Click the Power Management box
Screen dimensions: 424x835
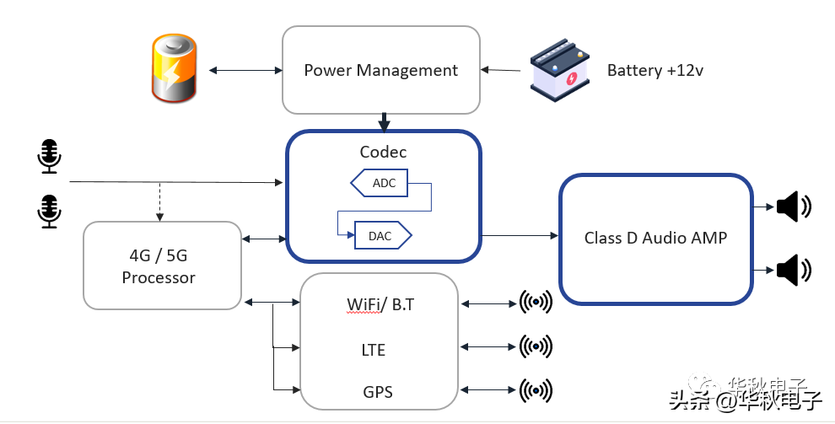[380, 70]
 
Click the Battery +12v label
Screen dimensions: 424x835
[655, 71]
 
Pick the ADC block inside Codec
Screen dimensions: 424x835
[379, 183]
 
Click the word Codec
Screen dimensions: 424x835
[383, 153]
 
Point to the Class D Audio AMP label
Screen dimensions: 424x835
[655, 238]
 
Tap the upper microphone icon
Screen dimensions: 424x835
[50, 157]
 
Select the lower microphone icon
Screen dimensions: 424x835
[50, 211]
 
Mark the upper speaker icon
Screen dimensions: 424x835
[793, 207]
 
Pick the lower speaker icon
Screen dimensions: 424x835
[793, 271]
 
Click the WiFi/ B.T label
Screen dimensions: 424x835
[380, 304]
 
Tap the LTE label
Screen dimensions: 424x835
[373, 349]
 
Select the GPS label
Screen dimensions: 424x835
[377, 392]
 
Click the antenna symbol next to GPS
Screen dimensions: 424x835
[536, 389]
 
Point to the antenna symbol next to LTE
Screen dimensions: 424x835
[536, 346]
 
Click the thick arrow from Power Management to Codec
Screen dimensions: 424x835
[384, 122]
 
